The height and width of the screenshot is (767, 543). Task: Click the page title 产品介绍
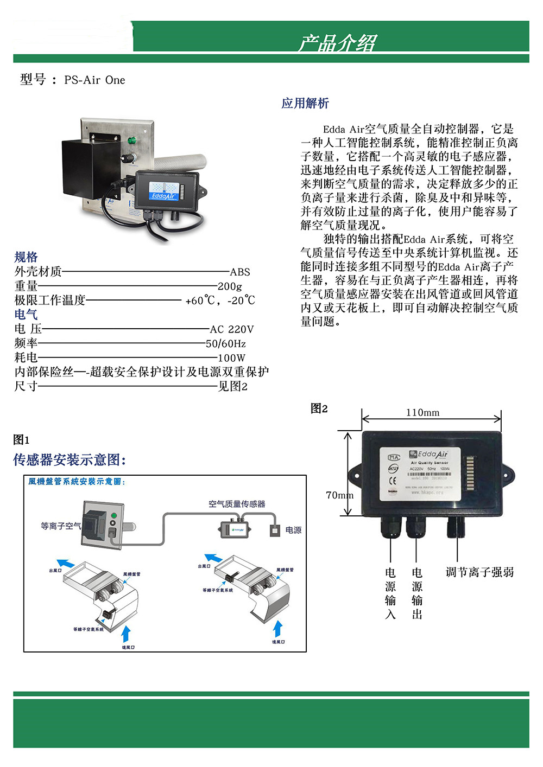pos(336,43)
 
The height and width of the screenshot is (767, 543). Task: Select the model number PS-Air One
pos(94,80)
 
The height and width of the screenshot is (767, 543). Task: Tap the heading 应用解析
pos(305,103)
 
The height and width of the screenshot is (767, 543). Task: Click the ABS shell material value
pos(239,272)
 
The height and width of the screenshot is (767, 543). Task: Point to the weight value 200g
pos(230,286)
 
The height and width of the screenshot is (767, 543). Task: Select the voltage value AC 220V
pos(232,329)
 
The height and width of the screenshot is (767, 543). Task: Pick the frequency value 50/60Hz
pos(225,343)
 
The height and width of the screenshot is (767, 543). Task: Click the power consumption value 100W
pos(231,357)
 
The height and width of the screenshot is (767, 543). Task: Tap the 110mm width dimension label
pos(422,412)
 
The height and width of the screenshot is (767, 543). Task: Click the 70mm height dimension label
pos(339,495)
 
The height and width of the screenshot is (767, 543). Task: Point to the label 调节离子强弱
pos(479,572)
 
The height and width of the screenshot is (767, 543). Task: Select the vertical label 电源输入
pos(390,593)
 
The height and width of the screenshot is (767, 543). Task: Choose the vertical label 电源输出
pos(417,593)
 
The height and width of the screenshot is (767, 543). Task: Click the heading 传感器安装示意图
pos(70,460)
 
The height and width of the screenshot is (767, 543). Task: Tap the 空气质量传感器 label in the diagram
pos(237,504)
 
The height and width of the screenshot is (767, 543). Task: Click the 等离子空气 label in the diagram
pos(61,526)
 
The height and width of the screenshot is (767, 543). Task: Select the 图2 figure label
pos(319,408)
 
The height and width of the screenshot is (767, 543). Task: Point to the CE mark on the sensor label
pos(393,480)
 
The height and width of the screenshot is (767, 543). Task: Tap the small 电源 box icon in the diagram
pos(275,530)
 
